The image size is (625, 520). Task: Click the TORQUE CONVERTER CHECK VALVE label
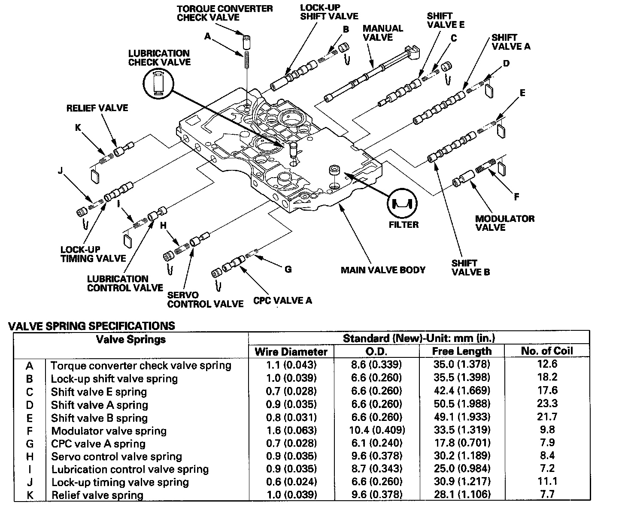[x=224, y=12]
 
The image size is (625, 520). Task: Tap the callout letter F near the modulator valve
[x=516, y=197]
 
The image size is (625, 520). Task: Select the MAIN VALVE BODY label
[x=383, y=270]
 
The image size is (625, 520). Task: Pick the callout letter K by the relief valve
[x=78, y=127]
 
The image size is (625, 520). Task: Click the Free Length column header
[x=461, y=351]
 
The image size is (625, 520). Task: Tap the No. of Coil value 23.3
[x=547, y=403]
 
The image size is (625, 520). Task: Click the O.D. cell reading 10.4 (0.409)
[x=376, y=430]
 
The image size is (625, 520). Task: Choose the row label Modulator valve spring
[x=109, y=431]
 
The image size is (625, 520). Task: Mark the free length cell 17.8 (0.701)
[x=461, y=443]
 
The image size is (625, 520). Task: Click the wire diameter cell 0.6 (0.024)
[x=291, y=482]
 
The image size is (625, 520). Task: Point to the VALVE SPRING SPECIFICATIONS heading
[x=92, y=326]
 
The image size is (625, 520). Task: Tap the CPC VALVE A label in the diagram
[x=282, y=300]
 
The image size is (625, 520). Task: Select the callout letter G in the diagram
[x=288, y=269]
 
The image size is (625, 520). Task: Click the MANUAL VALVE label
[x=383, y=33]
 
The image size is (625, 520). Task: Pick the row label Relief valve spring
[x=97, y=495]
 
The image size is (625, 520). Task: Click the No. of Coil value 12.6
[x=547, y=364]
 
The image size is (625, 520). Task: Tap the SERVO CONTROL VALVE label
[x=205, y=299]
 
